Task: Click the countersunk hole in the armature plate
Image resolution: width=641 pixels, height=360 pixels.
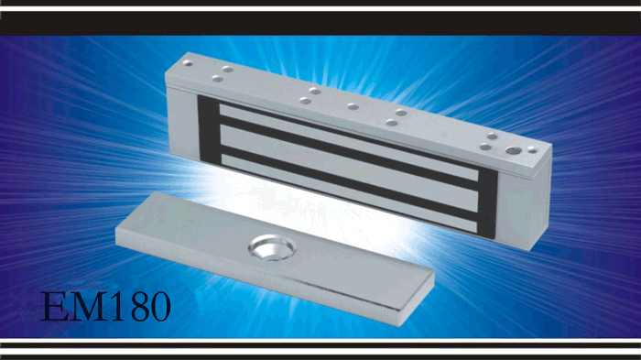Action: tap(272, 247)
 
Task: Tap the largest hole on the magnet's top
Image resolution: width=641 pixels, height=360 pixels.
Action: tap(513, 150)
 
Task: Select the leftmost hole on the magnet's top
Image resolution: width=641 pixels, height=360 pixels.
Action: tap(188, 63)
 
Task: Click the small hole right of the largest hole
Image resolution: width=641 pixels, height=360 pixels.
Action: tap(532, 150)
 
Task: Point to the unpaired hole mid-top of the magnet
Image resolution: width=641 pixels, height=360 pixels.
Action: tap(353, 107)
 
